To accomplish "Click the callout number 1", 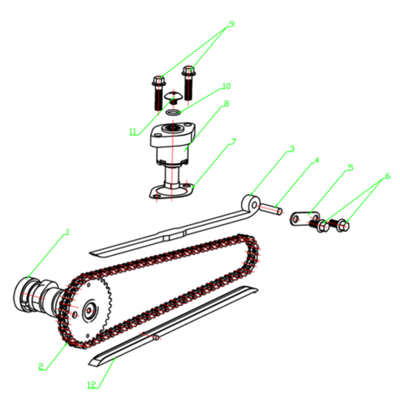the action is pos(67,232).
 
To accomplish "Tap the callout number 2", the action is pos(41,367).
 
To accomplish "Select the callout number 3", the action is pos(292,149).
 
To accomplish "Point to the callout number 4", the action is pos(316,160).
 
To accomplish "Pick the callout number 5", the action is pos(351,168).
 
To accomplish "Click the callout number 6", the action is pos(388,176).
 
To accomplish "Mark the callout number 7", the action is pos(234,142).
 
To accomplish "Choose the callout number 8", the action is pos(226,104).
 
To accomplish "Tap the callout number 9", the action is pos(232,24).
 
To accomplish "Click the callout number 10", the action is pos(226,86).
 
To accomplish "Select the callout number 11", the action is pos(133,132).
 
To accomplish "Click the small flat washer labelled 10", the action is pos(173,112).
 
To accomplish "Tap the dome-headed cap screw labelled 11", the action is pos(173,98).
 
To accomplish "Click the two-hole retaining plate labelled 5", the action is pos(304,219).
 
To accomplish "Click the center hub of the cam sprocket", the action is pos(89,311).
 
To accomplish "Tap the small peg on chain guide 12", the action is pos(156,338).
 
